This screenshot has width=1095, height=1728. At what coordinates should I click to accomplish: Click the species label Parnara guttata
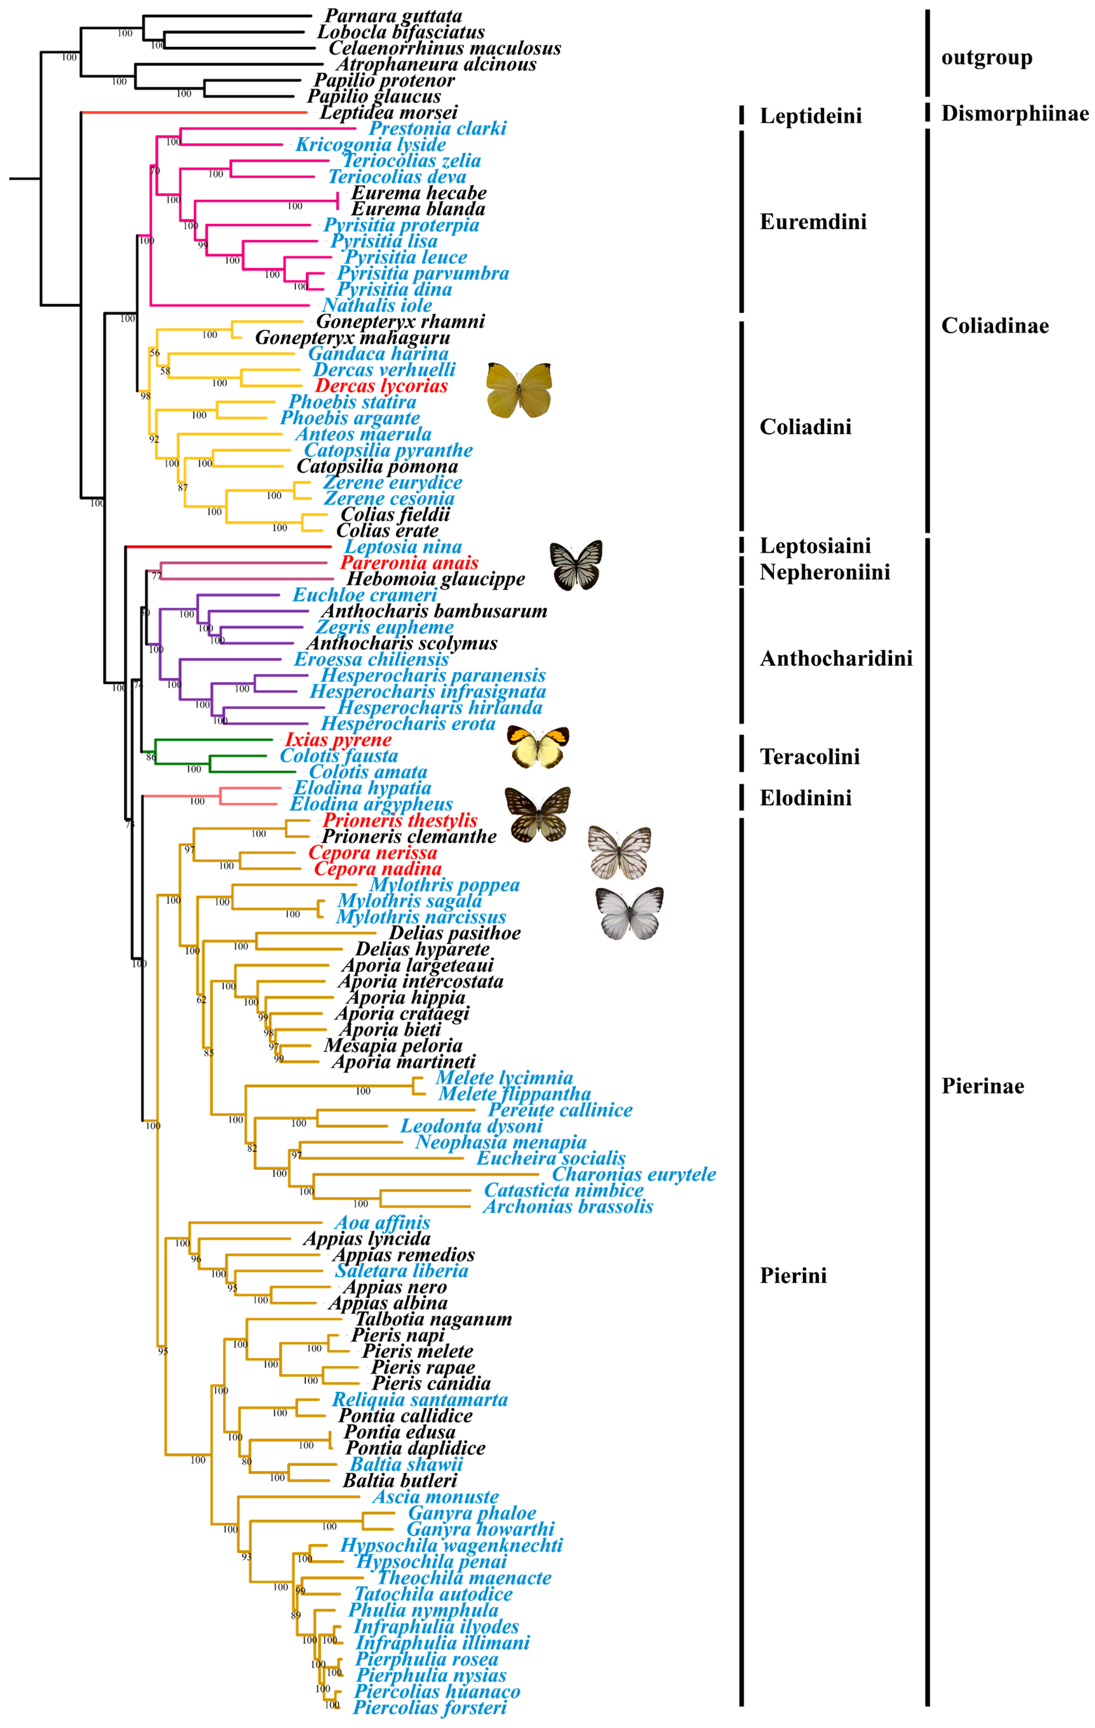pos(393,16)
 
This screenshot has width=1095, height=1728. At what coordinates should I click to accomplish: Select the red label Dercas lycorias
pos(381,386)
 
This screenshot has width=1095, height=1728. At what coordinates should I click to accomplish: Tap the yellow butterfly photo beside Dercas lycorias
pos(519,390)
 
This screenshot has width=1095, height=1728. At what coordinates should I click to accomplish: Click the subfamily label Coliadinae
pos(995,326)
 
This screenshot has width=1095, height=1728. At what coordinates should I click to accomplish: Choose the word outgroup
pos(987,57)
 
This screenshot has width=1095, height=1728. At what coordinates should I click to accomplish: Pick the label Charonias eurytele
pos(634,1174)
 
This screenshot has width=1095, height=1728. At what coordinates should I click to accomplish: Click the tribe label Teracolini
pos(810,756)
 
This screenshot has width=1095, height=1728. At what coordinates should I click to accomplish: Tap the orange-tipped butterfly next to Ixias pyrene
pos(538,746)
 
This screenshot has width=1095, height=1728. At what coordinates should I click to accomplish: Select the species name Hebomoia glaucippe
pos(436,579)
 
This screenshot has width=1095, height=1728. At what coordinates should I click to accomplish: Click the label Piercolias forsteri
pos(430,1707)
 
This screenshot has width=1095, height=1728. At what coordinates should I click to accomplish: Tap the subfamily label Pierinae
pos(982,1086)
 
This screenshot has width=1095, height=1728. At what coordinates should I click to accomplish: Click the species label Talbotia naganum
pos(433,1319)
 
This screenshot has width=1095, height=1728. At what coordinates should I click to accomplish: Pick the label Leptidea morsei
pos(388,113)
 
